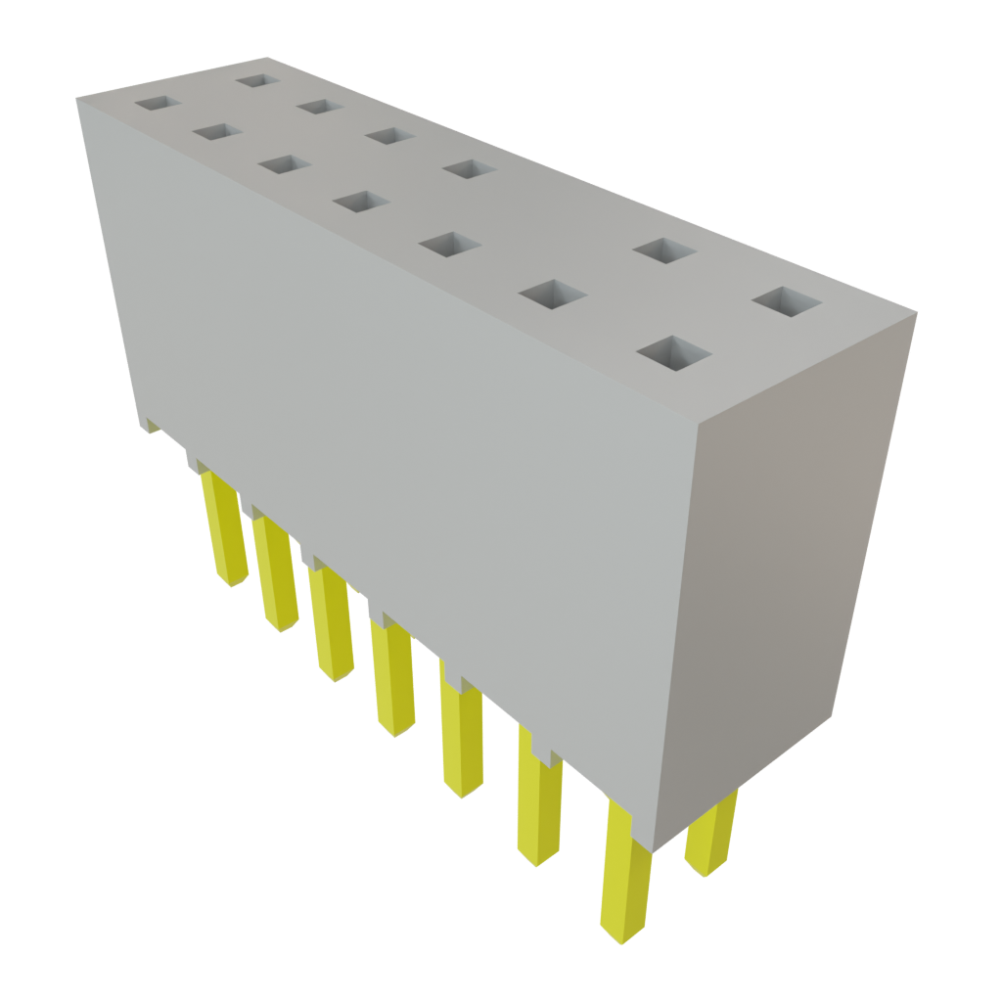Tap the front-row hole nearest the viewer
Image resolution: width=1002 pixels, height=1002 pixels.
(x=673, y=353)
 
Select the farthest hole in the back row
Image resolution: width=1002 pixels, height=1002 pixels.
(x=257, y=79)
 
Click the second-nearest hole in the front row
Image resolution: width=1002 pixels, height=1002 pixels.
(x=553, y=293)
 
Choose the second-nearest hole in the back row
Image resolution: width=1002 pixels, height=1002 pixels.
(x=664, y=250)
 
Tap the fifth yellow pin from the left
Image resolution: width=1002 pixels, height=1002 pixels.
(x=461, y=740)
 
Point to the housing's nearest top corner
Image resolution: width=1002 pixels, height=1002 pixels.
(x=696, y=428)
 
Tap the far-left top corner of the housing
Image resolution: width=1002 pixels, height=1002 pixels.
(x=78, y=97)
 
